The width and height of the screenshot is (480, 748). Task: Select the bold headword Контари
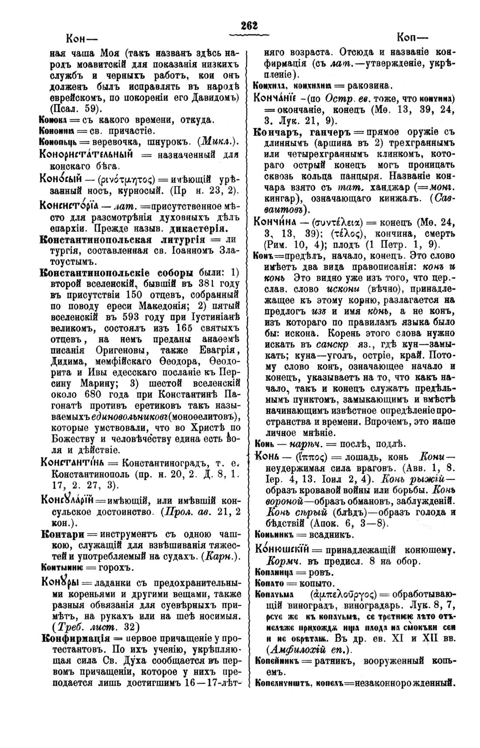pos(60,535)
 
